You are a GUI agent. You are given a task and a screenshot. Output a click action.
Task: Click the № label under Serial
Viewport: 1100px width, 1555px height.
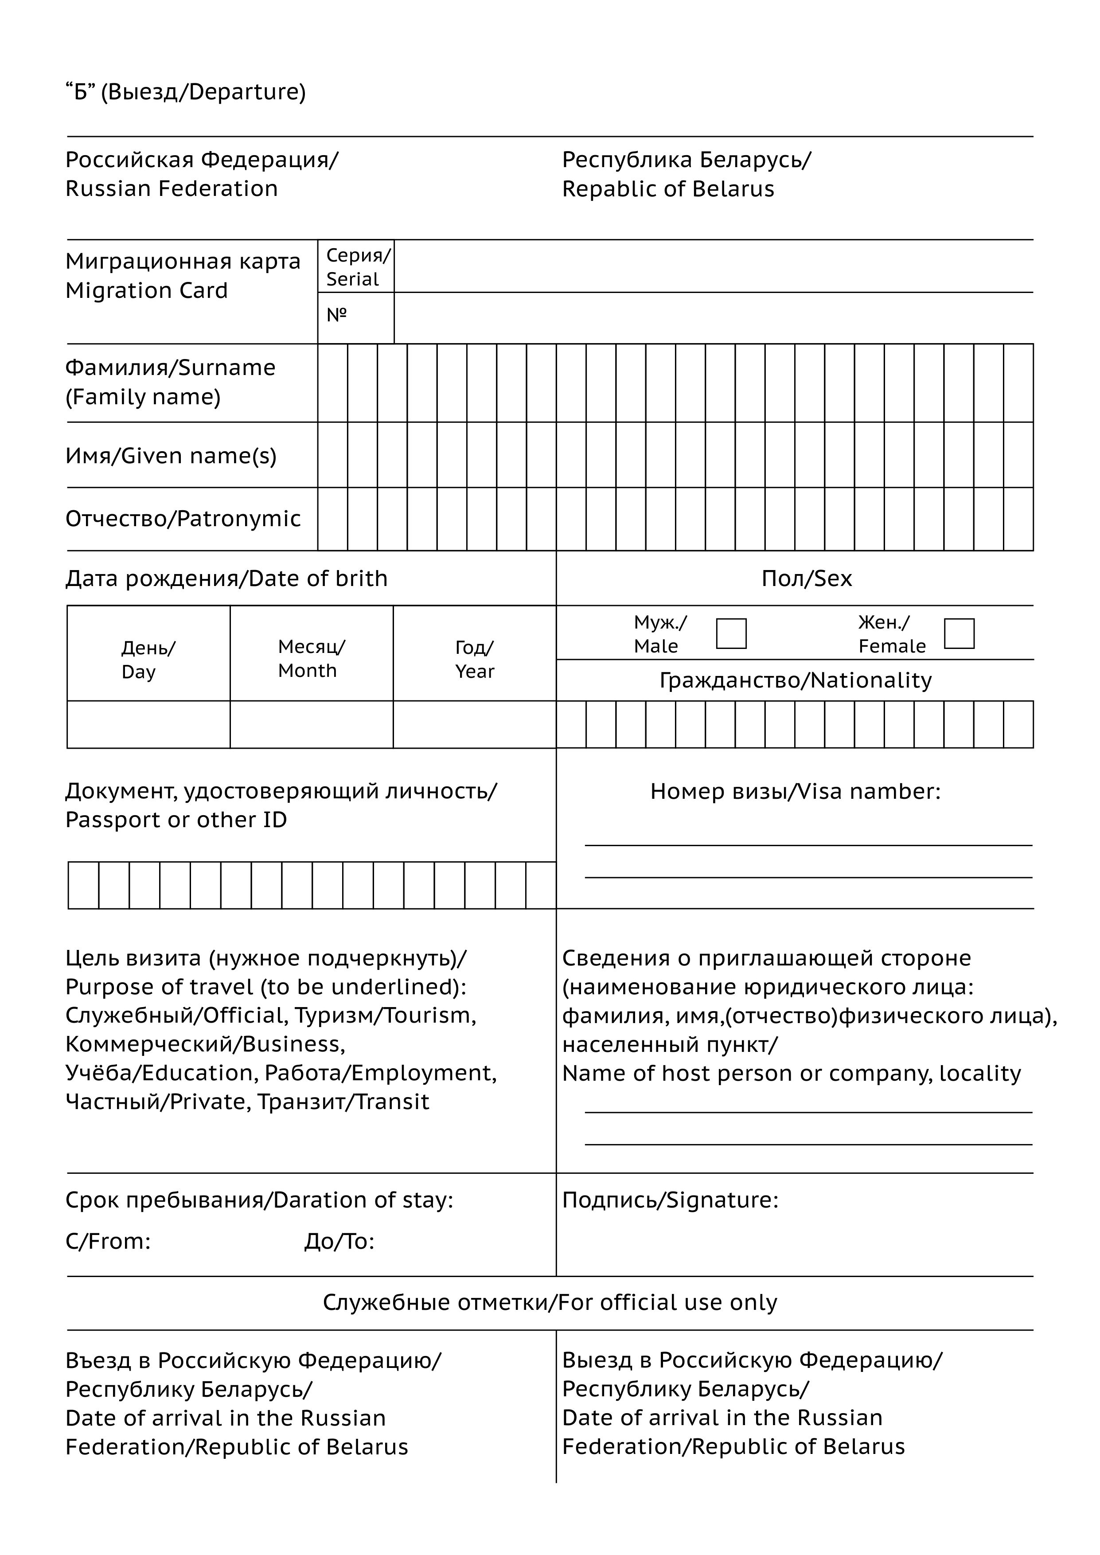coord(337,315)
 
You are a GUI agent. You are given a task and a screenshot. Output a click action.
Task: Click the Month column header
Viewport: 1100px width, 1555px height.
coord(311,658)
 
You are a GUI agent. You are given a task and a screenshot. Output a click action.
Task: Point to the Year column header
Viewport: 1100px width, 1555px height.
coord(474,660)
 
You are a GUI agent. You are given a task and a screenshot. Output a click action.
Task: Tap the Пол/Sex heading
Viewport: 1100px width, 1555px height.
coord(806,578)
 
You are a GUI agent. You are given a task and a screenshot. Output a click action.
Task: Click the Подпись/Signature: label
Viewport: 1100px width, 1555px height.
coord(670,1200)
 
